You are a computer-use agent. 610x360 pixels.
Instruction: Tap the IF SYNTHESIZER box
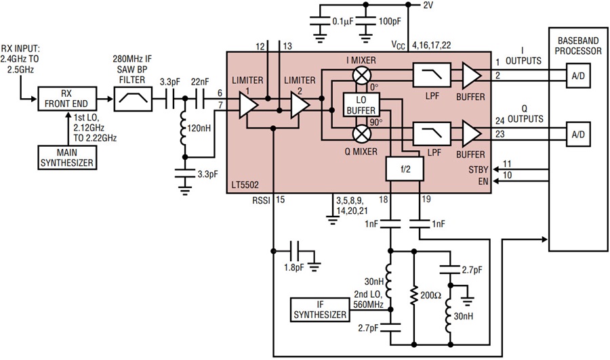pyautogui.click(x=319, y=309)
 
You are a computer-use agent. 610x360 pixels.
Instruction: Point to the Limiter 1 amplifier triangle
pyautogui.click(x=248, y=105)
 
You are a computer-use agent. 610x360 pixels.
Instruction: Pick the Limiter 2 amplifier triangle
pyautogui.click(x=298, y=105)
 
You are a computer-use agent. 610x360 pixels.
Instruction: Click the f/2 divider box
pyautogui.click(x=405, y=170)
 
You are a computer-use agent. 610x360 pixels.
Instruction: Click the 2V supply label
pyautogui.click(x=428, y=5)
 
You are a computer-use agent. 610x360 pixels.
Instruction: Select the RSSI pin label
pyautogui.click(x=261, y=200)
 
